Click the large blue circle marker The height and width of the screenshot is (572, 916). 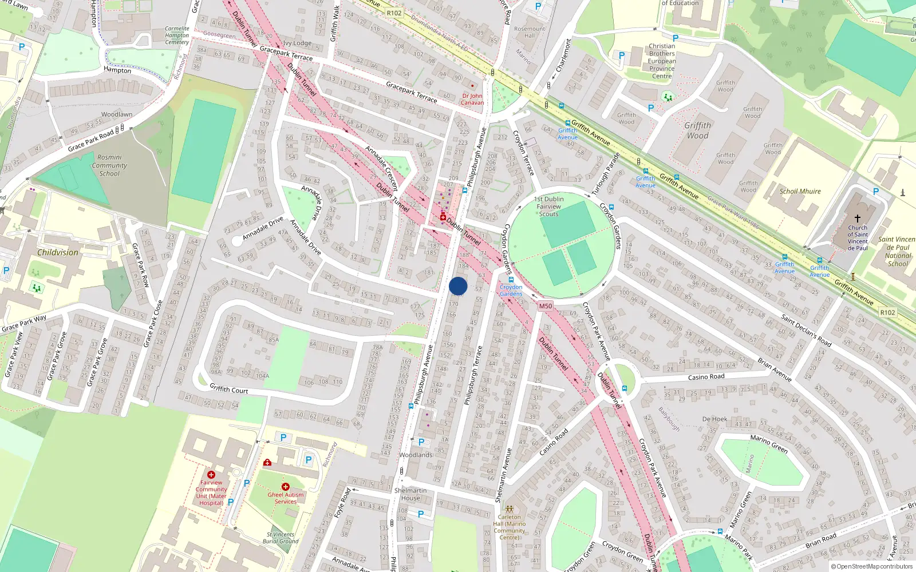point(458,286)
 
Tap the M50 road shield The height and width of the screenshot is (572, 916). point(545,306)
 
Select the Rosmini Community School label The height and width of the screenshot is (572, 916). point(109,165)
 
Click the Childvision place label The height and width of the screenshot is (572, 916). point(58,252)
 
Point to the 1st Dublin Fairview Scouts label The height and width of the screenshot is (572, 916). point(548,206)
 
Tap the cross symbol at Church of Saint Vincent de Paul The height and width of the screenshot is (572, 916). point(858,219)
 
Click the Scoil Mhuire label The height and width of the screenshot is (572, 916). point(800,192)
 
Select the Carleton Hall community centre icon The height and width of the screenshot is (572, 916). point(509,509)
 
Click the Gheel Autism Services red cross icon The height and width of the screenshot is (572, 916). point(285,487)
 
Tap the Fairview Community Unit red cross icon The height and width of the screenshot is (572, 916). point(211,474)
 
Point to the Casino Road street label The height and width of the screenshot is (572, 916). point(706,377)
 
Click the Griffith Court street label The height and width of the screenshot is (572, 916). point(228,388)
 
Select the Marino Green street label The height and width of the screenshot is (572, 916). point(769,444)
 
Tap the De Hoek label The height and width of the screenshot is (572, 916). point(714,419)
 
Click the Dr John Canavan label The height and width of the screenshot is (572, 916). point(472,100)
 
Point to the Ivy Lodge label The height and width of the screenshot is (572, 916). point(297,43)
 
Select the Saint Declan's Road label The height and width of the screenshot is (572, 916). point(806,330)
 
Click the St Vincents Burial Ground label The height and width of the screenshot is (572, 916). point(281,538)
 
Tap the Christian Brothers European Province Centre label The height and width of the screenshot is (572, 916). point(662,61)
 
